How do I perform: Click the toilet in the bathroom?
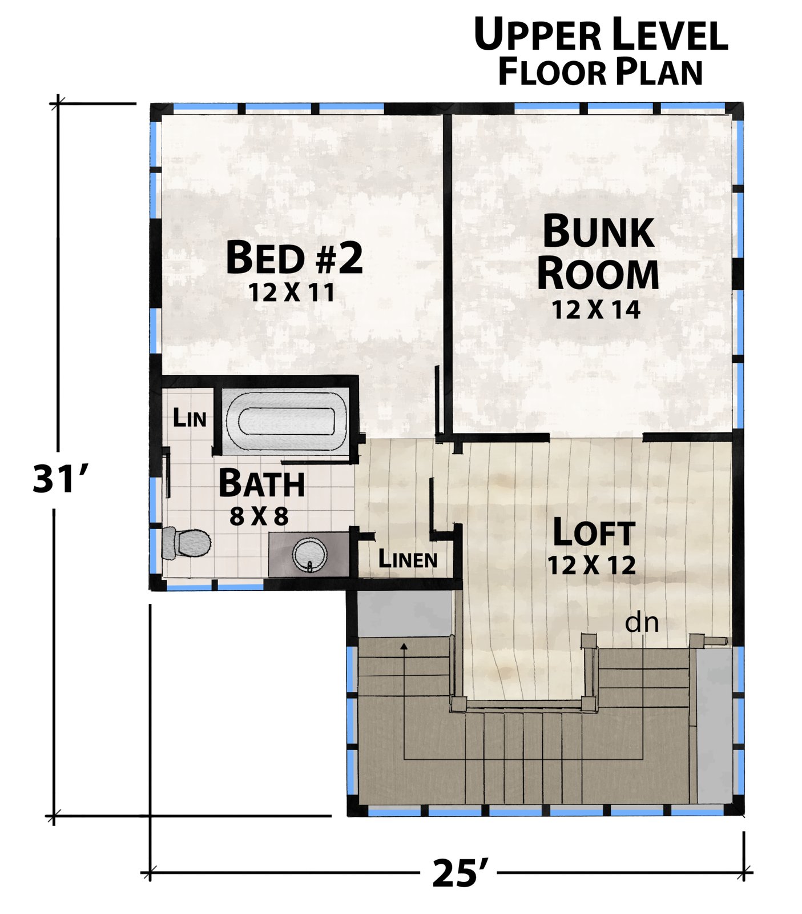[186, 543]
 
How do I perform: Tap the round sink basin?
[310, 555]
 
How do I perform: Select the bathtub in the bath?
[285, 422]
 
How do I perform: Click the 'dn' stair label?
[642, 622]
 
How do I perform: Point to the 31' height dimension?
[60, 478]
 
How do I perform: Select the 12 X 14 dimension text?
[596, 310]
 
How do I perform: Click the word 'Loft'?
[594, 532]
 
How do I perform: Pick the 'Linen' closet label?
[408, 560]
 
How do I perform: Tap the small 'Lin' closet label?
[190, 418]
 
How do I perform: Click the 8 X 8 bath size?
[259, 517]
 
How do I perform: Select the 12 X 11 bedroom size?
[291, 292]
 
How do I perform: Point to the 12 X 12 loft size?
[592, 565]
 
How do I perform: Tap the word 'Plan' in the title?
[659, 73]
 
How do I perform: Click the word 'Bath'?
[261, 483]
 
